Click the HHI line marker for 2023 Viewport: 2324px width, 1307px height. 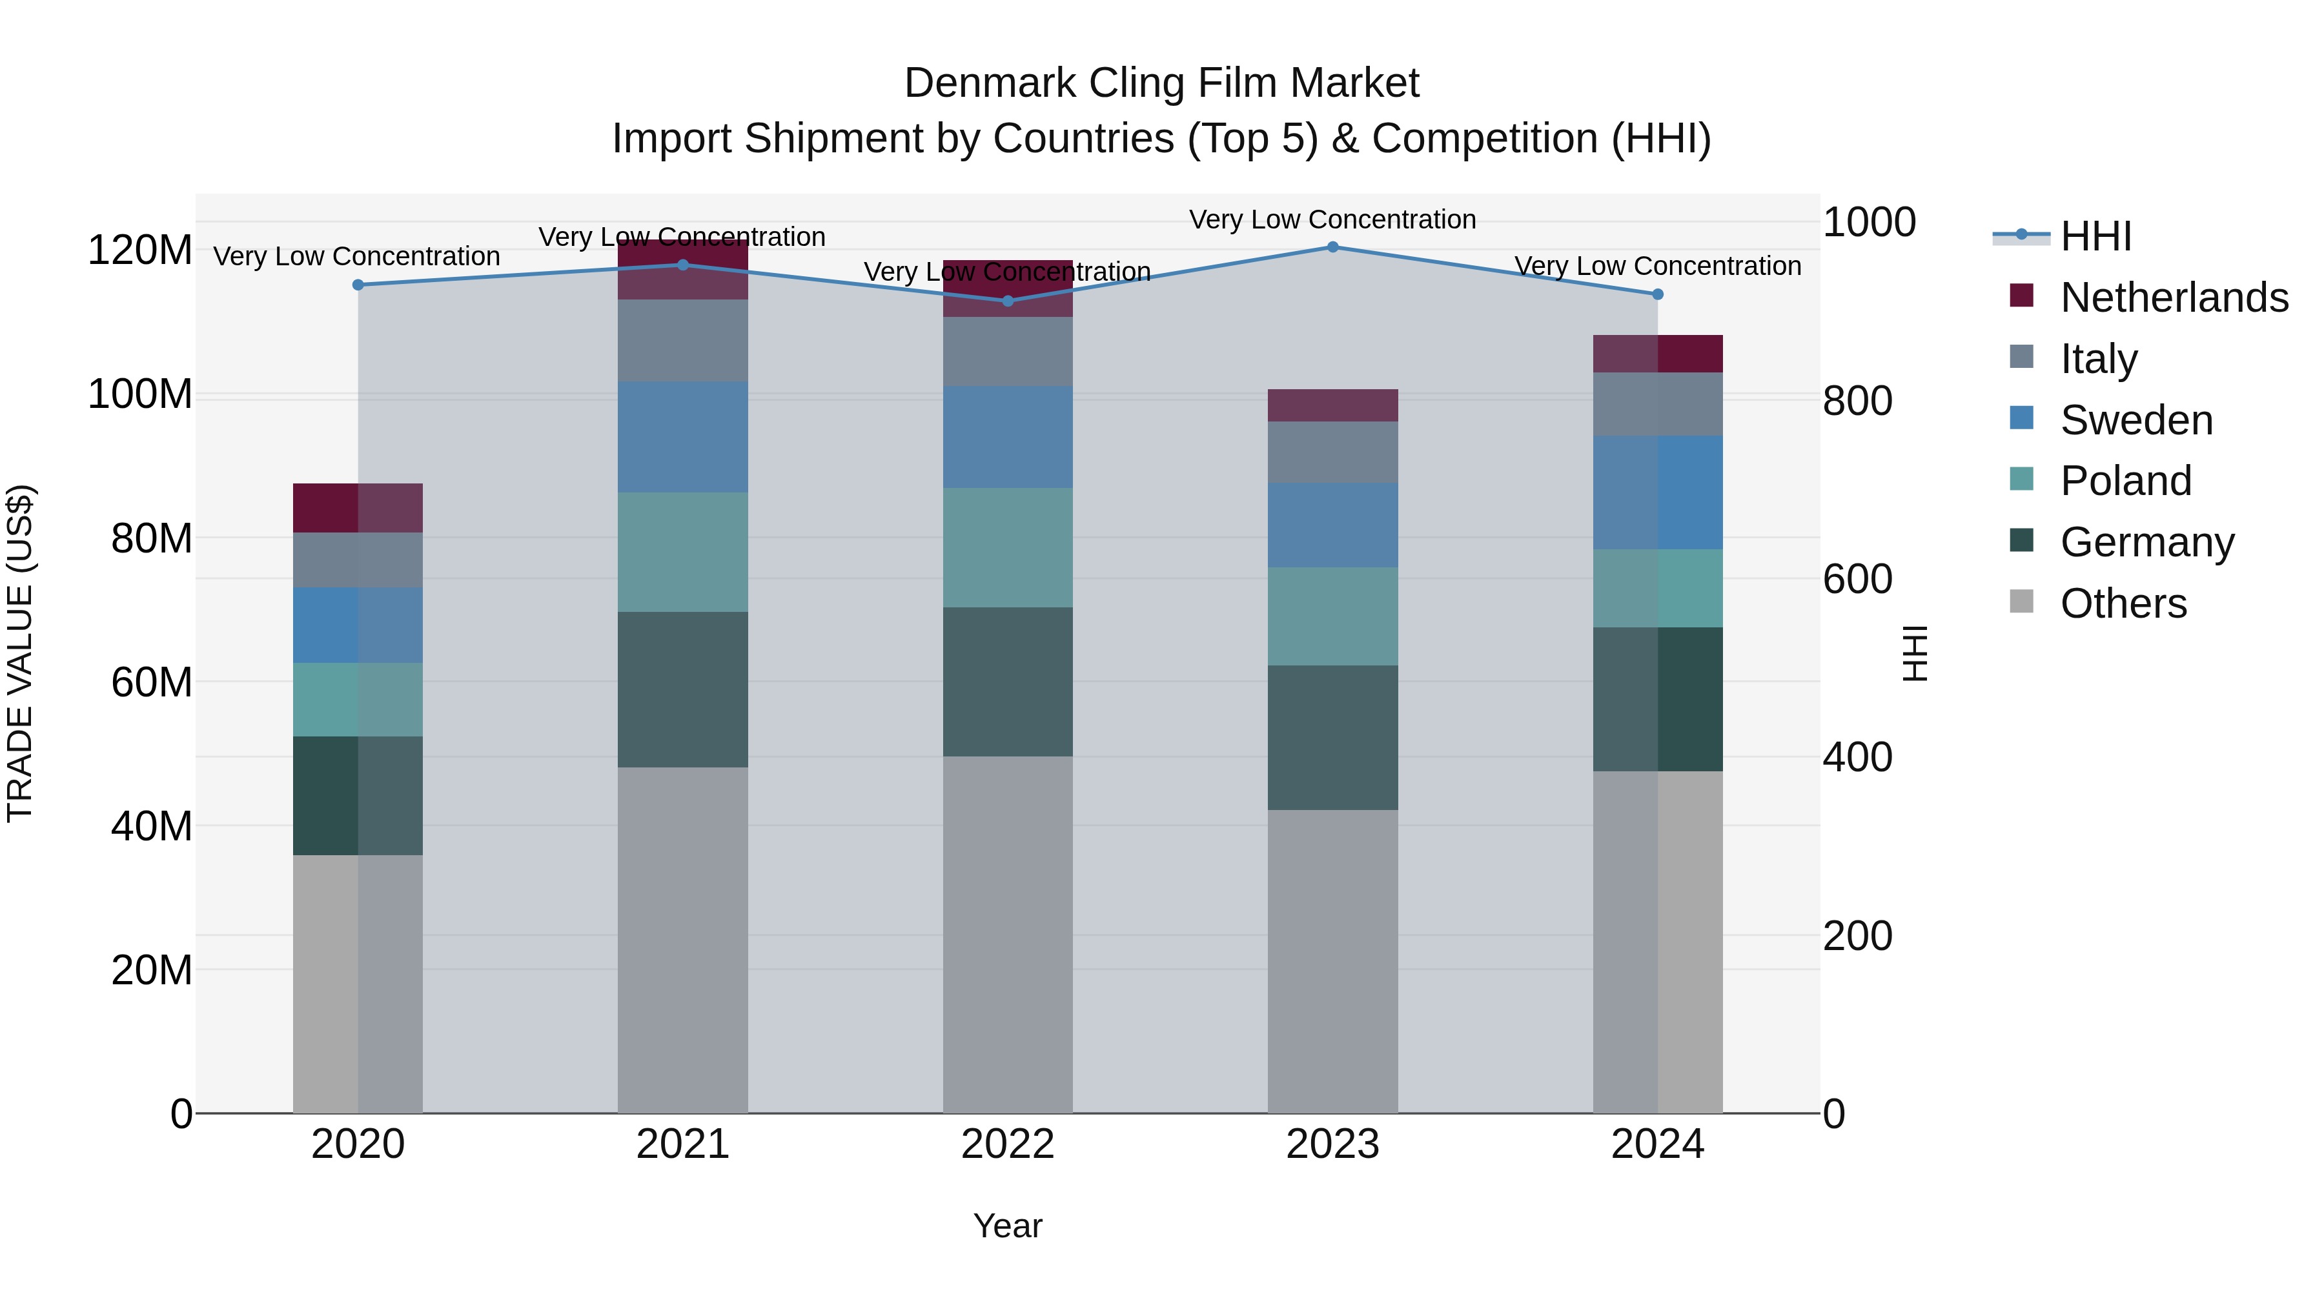1332,247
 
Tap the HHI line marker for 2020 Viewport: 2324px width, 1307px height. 358,285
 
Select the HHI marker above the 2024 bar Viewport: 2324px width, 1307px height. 1657,294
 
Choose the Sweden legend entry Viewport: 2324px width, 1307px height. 2135,420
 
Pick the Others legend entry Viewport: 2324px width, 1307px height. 2123,603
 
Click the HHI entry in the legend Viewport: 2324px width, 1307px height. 2095,236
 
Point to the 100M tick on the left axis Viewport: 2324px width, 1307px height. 140,395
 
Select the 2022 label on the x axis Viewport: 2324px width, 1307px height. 1008,1144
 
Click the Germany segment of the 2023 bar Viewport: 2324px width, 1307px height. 1332,738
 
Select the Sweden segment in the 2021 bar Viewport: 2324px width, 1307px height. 683,436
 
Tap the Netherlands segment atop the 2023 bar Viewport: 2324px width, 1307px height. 1332,406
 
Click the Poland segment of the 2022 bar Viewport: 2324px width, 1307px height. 1008,547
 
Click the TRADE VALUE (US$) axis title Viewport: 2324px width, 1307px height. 20,653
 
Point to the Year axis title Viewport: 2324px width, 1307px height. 1008,1226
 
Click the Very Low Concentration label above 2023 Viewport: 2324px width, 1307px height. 1332,219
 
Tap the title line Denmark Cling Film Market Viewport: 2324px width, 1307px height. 1161,83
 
